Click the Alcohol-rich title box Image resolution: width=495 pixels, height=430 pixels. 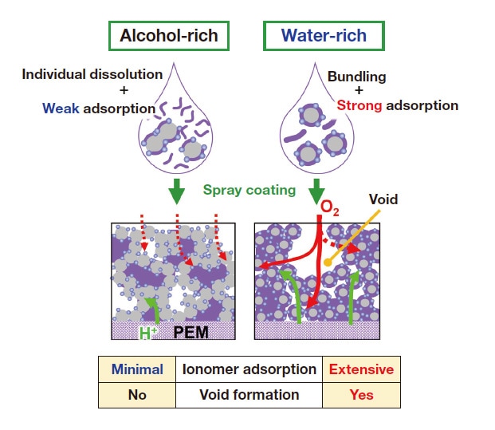169,37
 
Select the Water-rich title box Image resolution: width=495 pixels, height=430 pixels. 324,37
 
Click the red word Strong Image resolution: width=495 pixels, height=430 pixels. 359,105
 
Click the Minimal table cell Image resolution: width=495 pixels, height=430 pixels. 138,369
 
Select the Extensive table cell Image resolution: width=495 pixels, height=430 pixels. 361,369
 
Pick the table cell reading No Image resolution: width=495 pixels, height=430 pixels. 138,394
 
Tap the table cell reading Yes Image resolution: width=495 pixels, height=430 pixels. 361,394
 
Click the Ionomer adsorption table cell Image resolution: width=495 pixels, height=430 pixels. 249,369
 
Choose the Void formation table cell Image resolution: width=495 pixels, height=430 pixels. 249,394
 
